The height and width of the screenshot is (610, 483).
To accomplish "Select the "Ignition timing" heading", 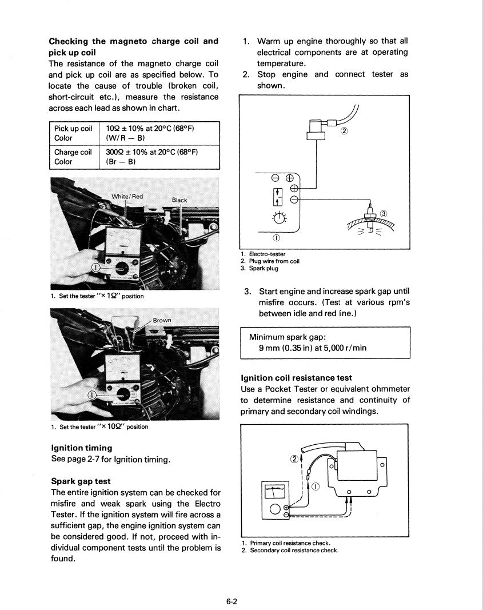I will tap(82, 448).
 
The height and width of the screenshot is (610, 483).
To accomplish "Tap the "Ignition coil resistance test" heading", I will tap(296, 378).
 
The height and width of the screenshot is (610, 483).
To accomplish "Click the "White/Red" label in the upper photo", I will tap(127, 196).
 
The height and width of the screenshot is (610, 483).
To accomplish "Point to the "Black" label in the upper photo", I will tap(179, 200).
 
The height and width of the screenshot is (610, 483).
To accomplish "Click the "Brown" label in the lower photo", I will tap(162, 320).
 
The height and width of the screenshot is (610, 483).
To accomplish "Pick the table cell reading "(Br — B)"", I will tap(121, 162).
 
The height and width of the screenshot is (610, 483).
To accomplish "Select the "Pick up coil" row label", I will tap(73, 129).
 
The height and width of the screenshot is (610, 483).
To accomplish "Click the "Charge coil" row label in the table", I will tap(73, 152).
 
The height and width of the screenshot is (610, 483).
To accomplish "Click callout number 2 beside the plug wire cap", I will tap(344, 131).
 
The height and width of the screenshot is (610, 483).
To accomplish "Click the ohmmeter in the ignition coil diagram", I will tap(274, 500).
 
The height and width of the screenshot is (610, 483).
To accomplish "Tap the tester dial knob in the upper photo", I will tap(122, 268).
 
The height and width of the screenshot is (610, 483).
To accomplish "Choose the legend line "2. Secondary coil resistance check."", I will tap(290, 551).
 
